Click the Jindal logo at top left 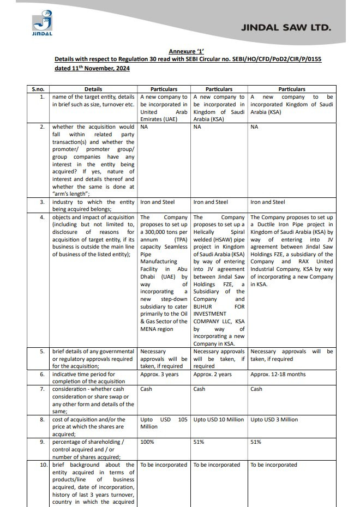point(42,25)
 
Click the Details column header point(93,89)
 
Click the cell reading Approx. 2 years point(212,375)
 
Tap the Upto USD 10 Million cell point(218,420)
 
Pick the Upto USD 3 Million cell point(274,420)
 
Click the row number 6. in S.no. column point(42,375)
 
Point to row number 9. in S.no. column point(42,442)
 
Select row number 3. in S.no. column point(42,202)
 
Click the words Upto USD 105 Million point(164,424)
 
